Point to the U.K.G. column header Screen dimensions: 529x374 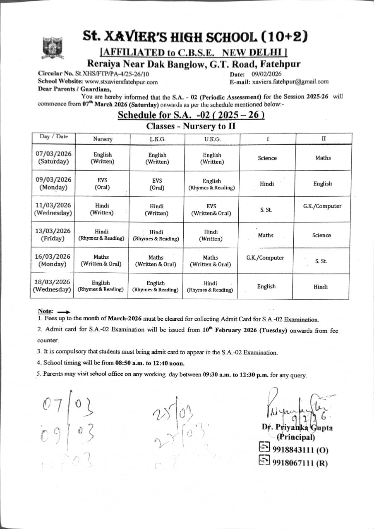click(x=212, y=139)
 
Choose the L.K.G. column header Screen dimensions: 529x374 click(x=157, y=139)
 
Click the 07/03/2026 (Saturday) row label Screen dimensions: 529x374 click(x=53, y=158)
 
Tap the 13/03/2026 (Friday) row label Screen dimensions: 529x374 click(x=53, y=235)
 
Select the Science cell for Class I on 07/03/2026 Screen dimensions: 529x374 click(x=267, y=158)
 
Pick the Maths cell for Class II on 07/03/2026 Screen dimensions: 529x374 click(x=323, y=158)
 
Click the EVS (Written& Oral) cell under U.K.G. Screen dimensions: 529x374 click(x=211, y=210)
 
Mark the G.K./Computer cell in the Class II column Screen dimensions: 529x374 click(x=322, y=206)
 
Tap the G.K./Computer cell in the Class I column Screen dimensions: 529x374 click(x=265, y=258)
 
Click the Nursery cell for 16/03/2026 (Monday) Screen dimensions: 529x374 click(x=101, y=260)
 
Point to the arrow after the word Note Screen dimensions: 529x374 click(x=64, y=312)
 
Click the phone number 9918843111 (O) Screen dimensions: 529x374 click(x=299, y=450)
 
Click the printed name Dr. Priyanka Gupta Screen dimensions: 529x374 click(x=297, y=428)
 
